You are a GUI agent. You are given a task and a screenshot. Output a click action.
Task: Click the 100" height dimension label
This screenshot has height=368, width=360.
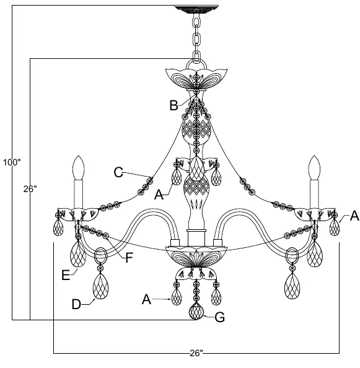(12, 162)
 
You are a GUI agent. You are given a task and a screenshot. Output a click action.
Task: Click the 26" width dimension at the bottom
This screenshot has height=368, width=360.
(196, 353)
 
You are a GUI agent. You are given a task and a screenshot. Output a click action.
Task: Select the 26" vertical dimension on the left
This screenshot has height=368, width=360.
(30, 189)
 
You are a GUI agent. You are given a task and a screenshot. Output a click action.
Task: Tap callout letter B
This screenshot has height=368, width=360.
(173, 105)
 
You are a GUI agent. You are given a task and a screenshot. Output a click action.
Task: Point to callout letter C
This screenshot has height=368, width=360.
(118, 172)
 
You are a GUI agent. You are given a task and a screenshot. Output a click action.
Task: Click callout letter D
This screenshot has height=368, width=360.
(76, 304)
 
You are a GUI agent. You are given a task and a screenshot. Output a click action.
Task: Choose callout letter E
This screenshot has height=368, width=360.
(66, 275)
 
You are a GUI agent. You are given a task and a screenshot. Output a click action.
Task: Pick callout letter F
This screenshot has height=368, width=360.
(130, 258)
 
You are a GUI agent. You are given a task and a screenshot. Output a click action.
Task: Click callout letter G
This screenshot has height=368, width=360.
(220, 317)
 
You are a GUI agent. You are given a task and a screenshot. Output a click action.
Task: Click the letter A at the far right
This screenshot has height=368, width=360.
(354, 216)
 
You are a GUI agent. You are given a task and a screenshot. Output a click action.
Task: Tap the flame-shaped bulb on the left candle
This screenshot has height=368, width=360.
(79, 167)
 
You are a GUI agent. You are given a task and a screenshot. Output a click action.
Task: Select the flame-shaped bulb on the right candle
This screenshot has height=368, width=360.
(315, 167)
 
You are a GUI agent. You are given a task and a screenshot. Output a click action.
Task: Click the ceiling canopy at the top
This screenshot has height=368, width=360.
(196, 9)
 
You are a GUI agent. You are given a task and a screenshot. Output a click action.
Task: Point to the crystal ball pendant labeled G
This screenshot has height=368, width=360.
(196, 311)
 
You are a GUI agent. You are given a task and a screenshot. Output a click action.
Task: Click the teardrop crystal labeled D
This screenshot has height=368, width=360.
(100, 286)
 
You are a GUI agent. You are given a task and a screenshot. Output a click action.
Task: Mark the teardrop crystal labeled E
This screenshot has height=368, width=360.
(78, 254)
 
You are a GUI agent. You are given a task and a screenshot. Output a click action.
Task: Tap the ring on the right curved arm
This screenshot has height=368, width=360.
(292, 256)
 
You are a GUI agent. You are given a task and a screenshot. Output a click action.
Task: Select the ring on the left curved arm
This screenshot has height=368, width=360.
(100, 256)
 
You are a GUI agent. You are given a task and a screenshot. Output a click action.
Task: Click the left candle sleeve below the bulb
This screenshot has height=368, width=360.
(79, 195)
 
